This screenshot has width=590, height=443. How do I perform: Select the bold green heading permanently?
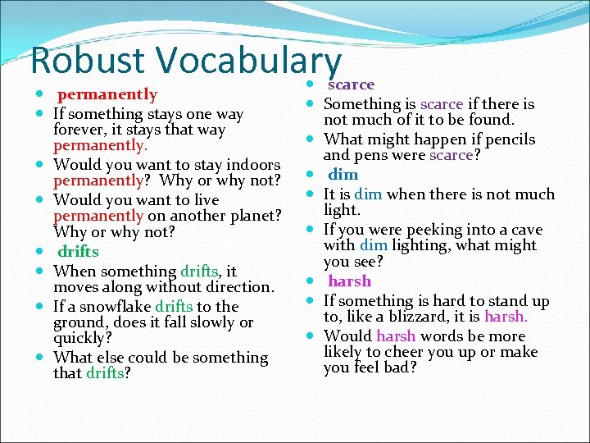[x=107, y=94]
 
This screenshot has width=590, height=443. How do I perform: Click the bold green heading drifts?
[x=78, y=252]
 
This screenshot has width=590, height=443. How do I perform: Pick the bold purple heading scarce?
[x=352, y=84]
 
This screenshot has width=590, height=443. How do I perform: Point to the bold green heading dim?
[x=343, y=175]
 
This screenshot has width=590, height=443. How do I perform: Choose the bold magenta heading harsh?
[x=350, y=281]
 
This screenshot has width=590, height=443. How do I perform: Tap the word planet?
[x=249, y=217]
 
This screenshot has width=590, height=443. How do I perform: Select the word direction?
[x=237, y=287]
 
